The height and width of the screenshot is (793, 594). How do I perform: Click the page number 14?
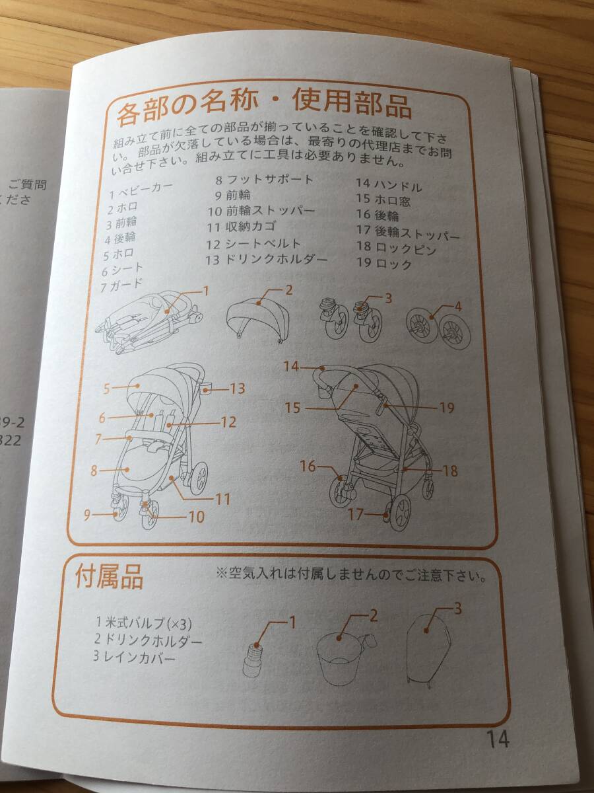pos(498,738)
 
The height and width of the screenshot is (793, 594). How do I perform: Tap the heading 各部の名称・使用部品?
pos(264,107)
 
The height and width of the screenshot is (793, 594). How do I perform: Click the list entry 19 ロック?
pos(384,264)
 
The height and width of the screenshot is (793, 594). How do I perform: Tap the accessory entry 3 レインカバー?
pos(135,658)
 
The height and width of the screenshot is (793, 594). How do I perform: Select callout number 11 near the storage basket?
pos(222,499)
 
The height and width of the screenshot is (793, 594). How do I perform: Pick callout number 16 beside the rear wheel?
pos(308,467)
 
